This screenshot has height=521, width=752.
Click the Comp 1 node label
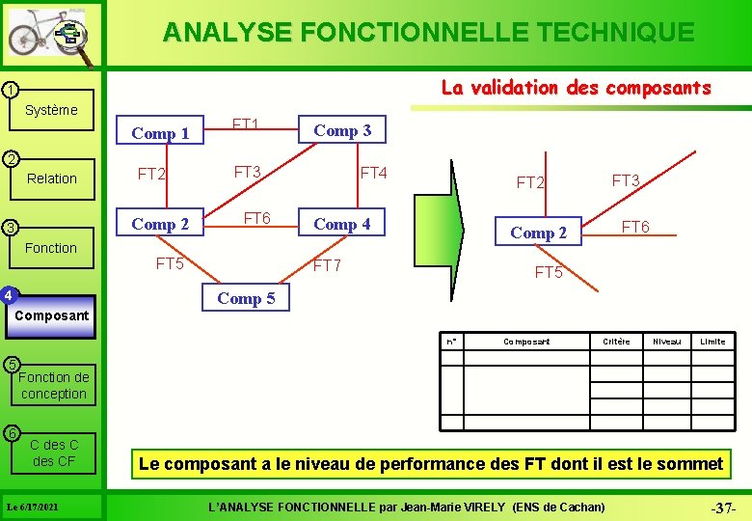(x=160, y=133)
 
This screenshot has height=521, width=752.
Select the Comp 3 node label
(x=342, y=130)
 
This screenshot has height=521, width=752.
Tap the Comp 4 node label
(x=342, y=224)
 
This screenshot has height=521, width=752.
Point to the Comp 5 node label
(x=246, y=298)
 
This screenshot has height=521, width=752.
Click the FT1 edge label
(x=245, y=123)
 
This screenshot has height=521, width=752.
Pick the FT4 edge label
(x=373, y=174)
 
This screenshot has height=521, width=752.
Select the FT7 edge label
(x=328, y=265)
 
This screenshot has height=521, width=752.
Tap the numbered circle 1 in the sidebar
(x=9, y=90)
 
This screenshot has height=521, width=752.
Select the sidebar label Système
(x=51, y=110)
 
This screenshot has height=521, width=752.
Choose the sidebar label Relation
(x=52, y=178)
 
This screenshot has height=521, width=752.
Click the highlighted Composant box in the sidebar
(x=53, y=315)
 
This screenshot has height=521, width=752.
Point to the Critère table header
(x=616, y=342)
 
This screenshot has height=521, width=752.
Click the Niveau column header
(x=666, y=342)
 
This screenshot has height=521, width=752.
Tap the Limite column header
(x=712, y=342)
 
